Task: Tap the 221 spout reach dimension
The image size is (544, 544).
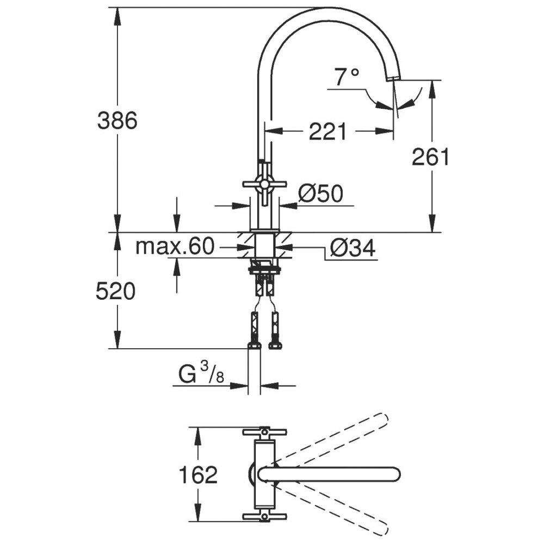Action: (x=327, y=131)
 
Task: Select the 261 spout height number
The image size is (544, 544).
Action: (x=430, y=157)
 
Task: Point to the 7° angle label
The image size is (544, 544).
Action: (x=347, y=77)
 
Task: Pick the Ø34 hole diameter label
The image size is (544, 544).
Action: (x=353, y=248)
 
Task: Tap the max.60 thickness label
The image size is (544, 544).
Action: (x=175, y=246)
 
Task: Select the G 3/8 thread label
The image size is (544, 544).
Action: (x=201, y=374)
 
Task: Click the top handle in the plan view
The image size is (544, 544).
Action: (x=264, y=432)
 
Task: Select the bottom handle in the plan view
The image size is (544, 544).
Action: (x=264, y=517)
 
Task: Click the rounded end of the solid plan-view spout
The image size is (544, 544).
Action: (x=395, y=474)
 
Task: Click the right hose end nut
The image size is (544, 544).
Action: (x=275, y=345)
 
